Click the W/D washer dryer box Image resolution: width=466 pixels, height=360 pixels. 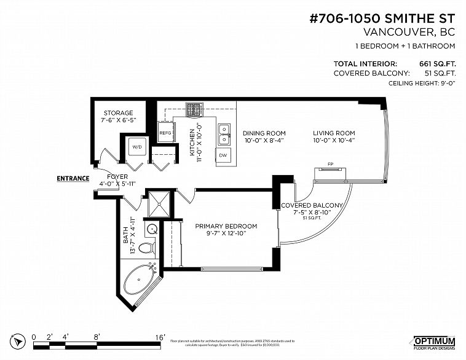137,147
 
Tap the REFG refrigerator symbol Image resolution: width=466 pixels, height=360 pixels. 165,133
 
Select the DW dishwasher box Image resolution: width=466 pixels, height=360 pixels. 224,156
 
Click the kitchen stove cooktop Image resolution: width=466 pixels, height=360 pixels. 195,109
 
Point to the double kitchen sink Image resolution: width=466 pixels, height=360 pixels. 224,134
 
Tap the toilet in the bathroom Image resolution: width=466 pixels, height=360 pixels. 146,249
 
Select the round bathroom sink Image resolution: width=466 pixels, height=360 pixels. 151,229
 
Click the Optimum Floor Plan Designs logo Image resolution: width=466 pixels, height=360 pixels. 433,342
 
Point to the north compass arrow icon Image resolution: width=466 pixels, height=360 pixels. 19,339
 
